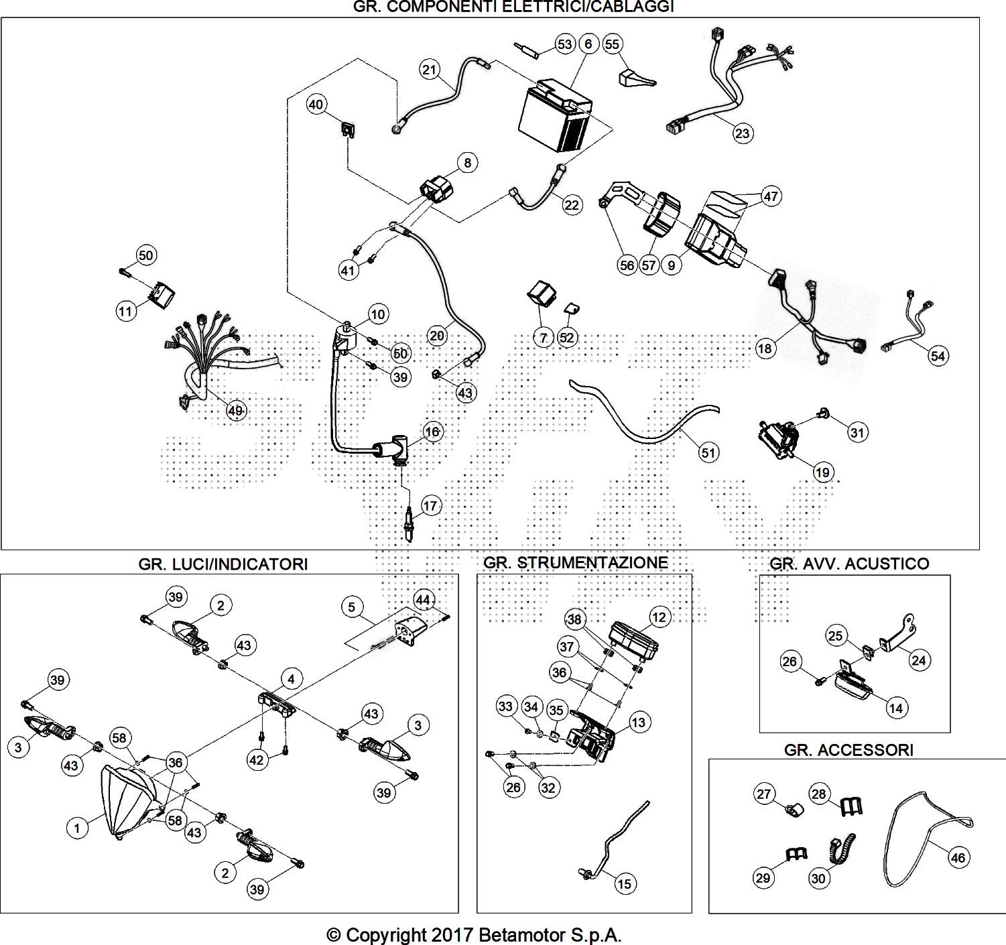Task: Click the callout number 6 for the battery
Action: click(x=588, y=44)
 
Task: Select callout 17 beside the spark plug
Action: click(x=430, y=505)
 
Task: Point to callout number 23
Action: click(x=742, y=133)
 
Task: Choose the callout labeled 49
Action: click(x=235, y=411)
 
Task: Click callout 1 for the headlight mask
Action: click(x=77, y=828)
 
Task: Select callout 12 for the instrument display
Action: click(x=659, y=617)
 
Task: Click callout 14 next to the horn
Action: click(x=896, y=708)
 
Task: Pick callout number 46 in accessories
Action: click(x=958, y=858)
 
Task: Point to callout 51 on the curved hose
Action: click(x=708, y=452)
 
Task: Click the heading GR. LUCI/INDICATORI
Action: click(x=223, y=564)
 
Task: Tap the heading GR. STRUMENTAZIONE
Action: click(x=575, y=562)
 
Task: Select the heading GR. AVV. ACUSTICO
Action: click(x=849, y=564)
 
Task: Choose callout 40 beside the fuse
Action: click(x=316, y=105)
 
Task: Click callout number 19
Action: click(x=822, y=472)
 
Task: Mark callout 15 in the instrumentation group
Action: click(x=624, y=884)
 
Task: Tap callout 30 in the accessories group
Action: click(x=819, y=877)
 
